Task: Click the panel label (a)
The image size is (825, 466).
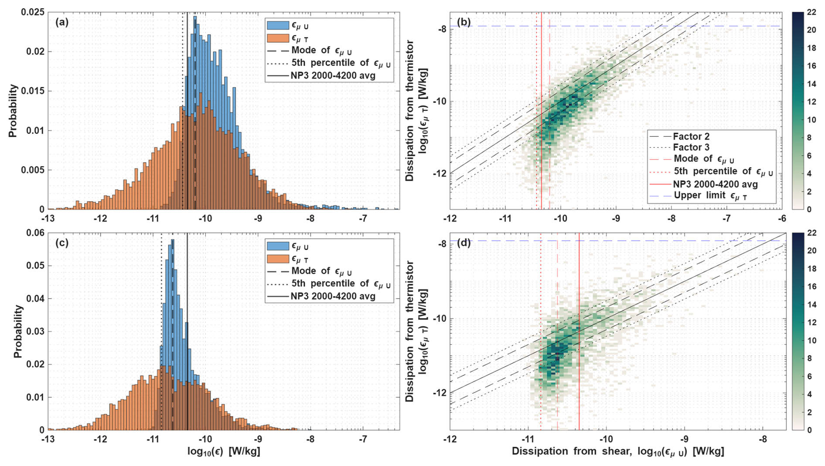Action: [x=62, y=23]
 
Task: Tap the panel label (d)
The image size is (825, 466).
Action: [x=464, y=243]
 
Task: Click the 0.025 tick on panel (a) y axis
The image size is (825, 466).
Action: [x=33, y=12]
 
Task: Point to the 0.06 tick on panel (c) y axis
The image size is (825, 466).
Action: [x=36, y=233]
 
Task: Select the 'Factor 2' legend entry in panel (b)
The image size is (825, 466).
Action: [x=691, y=136]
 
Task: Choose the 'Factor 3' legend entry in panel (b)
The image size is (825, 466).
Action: [x=691, y=147]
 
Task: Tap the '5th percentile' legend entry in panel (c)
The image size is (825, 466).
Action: [x=341, y=284]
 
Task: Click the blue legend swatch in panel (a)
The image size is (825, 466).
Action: [x=277, y=26]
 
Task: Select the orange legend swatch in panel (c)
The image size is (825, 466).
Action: [x=277, y=259]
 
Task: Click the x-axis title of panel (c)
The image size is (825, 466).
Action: [x=224, y=451]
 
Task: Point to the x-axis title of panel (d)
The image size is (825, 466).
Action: [x=618, y=452]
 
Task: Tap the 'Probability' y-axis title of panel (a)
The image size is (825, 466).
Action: [x=13, y=111]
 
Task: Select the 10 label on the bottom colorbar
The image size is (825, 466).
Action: [x=811, y=340]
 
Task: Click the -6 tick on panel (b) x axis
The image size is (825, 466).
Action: [x=782, y=218]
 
